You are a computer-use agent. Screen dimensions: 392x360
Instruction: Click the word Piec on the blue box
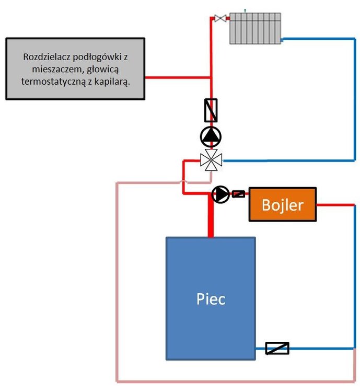coord(211,299)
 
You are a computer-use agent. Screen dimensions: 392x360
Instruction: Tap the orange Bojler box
coord(282,204)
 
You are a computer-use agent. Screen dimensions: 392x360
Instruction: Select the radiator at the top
coord(255,28)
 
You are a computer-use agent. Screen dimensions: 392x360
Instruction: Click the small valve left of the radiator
coord(220,19)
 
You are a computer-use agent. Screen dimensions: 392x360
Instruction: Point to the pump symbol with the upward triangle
coord(211,137)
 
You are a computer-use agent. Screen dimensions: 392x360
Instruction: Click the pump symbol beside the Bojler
coord(221,194)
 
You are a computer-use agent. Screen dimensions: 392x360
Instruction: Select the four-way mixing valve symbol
coord(211,160)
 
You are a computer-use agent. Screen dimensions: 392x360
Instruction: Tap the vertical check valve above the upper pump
coord(211,110)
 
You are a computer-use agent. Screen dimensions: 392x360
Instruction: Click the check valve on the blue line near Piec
coord(277,348)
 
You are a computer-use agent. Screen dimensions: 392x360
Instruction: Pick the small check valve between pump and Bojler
coord(238,194)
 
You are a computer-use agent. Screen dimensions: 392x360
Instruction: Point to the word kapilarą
coord(112,82)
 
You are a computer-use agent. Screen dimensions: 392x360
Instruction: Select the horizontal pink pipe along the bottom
coord(235,381)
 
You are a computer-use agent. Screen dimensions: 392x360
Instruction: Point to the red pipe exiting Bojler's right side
coord(334,204)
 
